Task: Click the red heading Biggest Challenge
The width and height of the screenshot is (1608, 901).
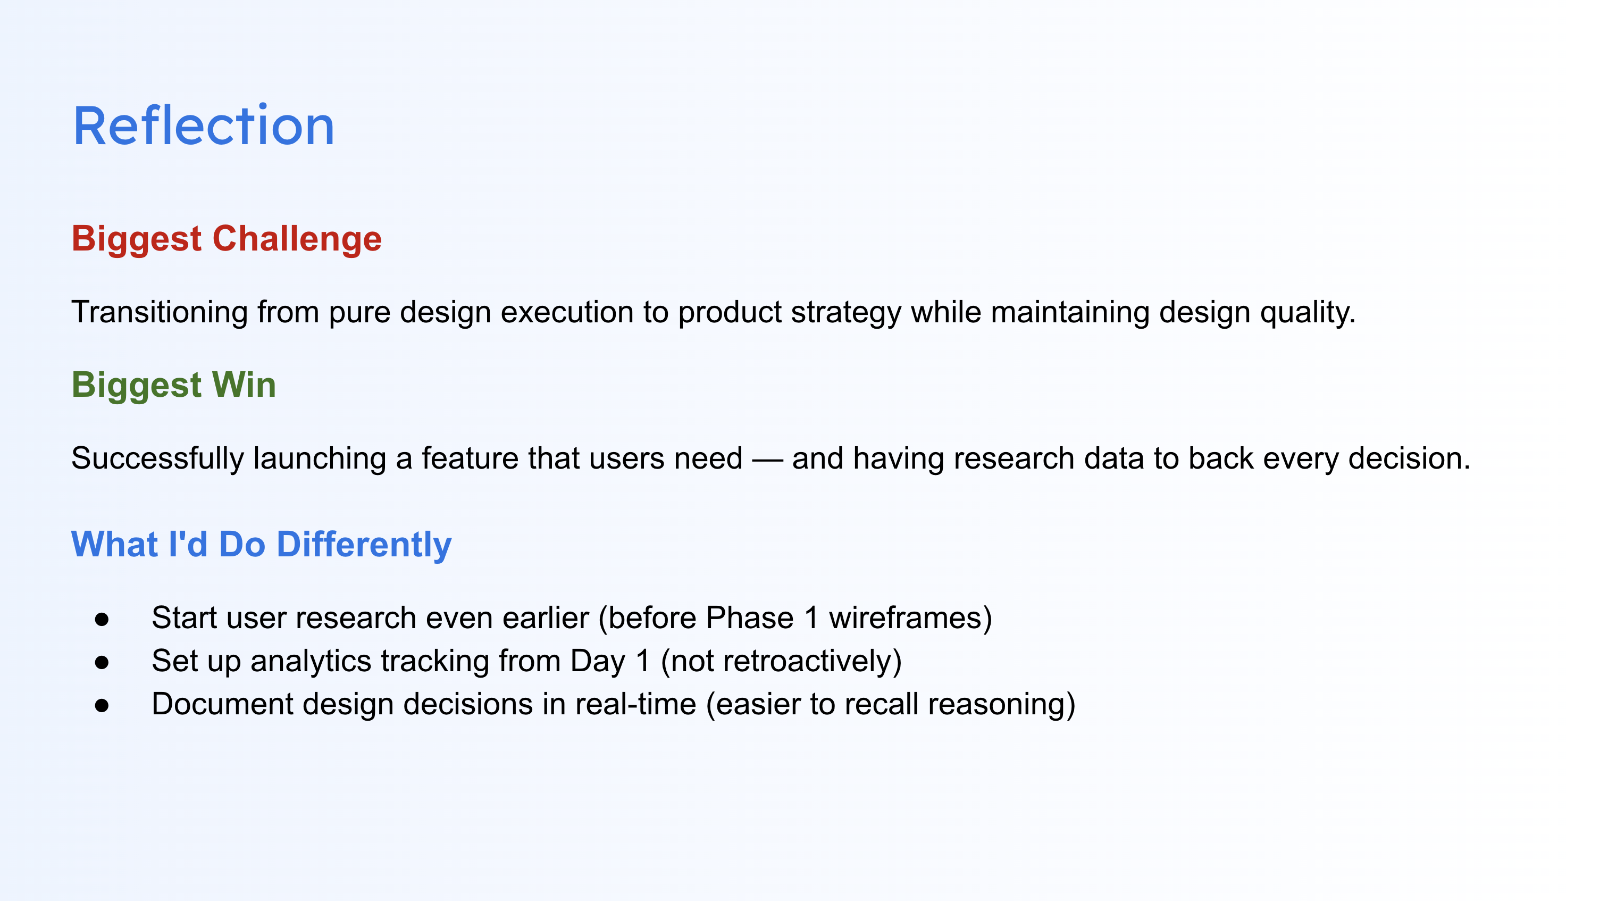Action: tap(227, 240)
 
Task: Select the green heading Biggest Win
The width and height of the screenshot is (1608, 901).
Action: tap(173, 386)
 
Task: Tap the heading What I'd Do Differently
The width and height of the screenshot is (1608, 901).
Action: tap(262, 545)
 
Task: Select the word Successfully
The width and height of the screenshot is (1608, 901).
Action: tap(158, 459)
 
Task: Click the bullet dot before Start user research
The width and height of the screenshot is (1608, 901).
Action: tap(102, 620)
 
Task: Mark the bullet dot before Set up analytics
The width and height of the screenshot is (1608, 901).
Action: tap(102, 663)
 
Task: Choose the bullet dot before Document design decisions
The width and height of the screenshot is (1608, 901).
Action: tap(102, 706)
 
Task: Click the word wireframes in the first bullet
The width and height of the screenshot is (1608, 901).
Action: tap(905, 618)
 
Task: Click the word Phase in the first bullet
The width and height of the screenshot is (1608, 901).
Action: tap(750, 618)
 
